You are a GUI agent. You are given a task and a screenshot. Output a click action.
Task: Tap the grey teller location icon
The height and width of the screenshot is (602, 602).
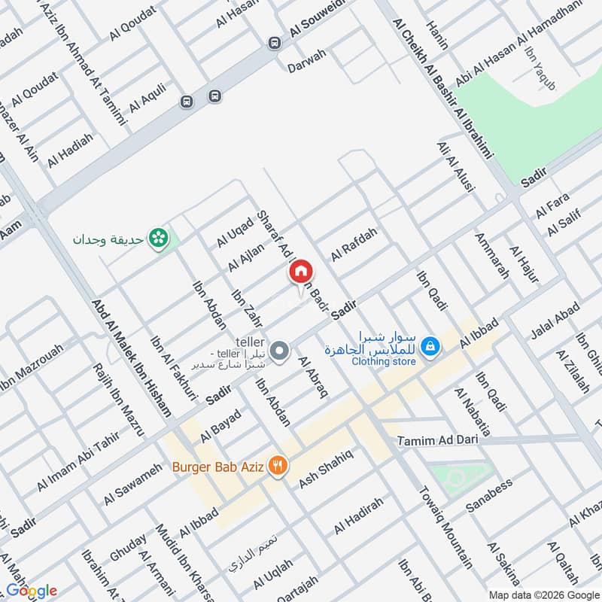280,351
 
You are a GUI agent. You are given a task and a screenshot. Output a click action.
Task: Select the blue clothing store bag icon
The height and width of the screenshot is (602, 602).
430,346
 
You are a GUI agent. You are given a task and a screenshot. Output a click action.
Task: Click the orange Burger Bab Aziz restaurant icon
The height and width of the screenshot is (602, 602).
278,466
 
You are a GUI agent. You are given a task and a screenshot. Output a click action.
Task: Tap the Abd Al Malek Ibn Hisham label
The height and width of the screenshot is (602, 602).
132,360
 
